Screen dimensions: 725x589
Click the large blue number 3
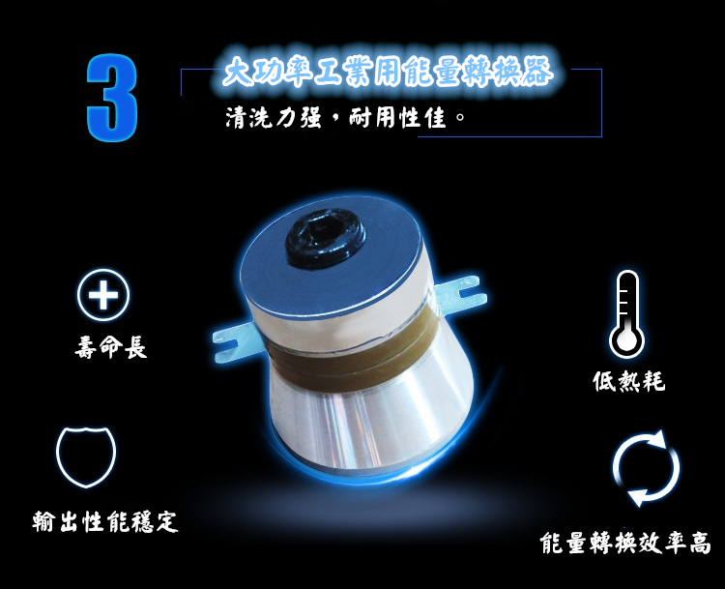[112, 97]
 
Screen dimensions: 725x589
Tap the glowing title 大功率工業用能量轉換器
[388, 73]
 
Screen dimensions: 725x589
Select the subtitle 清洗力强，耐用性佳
[345, 118]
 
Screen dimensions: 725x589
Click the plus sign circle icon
[103, 295]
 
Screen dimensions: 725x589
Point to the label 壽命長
[111, 347]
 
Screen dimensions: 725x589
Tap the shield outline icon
[86, 456]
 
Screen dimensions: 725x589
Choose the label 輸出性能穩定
[105, 522]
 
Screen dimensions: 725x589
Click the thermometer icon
[626, 313]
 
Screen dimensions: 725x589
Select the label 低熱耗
[629, 381]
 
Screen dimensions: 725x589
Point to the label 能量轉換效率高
[625, 543]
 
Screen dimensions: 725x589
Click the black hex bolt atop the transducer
[326, 237]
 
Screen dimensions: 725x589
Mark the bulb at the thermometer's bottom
[626, 340]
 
